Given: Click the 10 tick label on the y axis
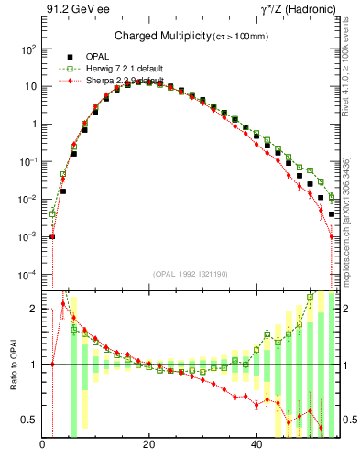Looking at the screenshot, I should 31,86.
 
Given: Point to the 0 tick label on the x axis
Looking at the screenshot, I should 43,446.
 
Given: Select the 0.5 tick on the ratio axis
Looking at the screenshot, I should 31,420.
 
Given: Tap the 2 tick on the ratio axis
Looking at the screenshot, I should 35,309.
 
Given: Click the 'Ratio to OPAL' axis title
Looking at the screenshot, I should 13,364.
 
